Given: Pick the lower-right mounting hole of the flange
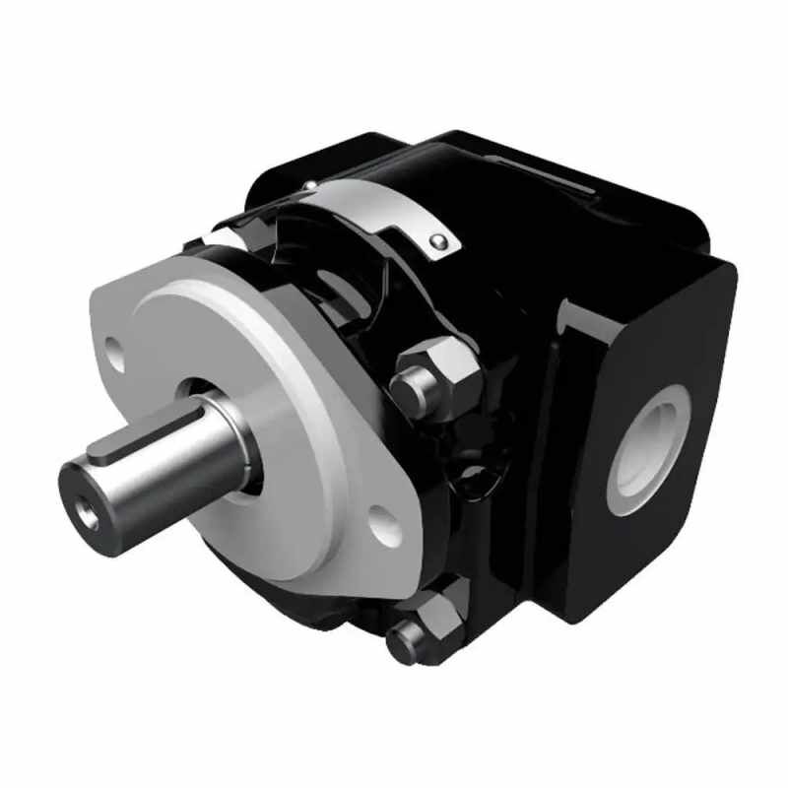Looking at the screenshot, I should [x=387, y=526].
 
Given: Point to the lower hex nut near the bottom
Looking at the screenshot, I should [x=433, y=622].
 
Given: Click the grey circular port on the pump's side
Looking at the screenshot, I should [x=647, y=449].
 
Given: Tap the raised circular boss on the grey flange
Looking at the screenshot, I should [x=286, y=414].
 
